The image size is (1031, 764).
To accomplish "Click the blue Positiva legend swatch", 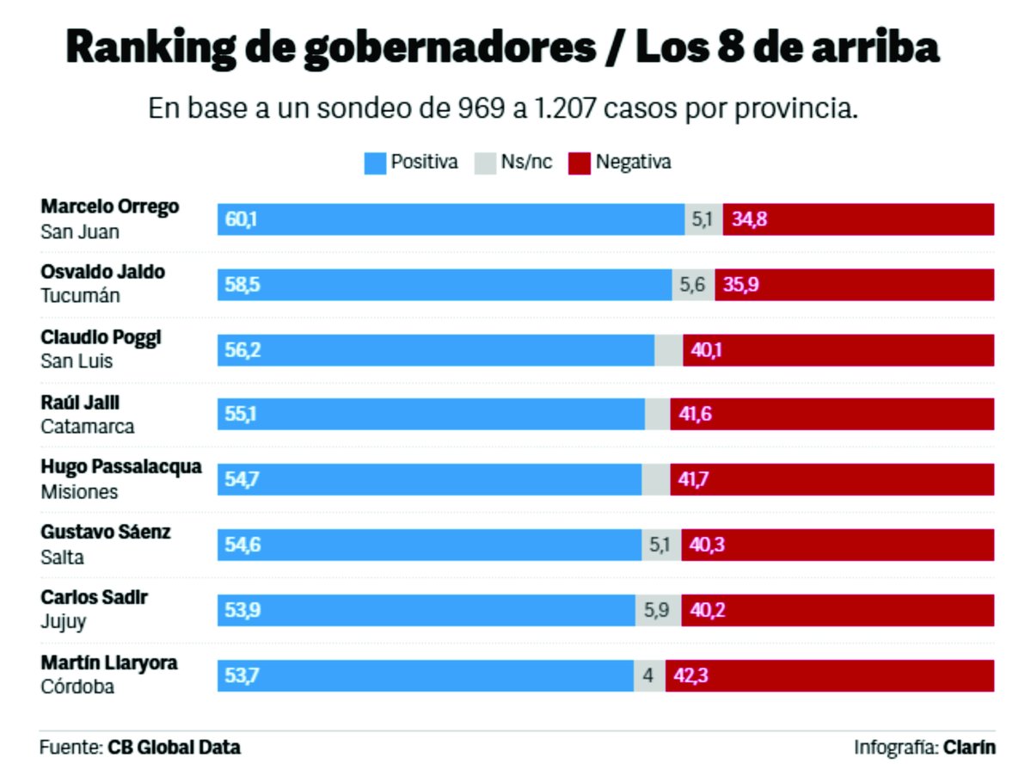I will tap(375, 163).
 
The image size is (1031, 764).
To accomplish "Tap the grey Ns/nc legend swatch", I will tap(485, 163).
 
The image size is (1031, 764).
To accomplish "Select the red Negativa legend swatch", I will tap(580, 163).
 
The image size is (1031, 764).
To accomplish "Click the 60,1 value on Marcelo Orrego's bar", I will tap(241, 219).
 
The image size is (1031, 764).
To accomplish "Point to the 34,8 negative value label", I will tap(749, 219).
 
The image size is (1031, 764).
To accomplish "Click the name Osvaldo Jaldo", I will tap(102, 272).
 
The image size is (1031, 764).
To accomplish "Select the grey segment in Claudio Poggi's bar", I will tap(668, 350).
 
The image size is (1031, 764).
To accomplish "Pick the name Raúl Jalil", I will tap(80, 403).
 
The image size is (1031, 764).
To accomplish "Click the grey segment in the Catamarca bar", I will tap(657, 415).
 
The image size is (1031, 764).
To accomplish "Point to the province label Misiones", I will tap(79, 492).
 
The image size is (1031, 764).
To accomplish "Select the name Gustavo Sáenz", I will tap(106, 533).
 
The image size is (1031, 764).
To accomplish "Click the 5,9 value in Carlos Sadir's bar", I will tap(658, 610).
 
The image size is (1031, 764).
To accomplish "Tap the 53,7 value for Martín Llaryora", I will tap(241, 675).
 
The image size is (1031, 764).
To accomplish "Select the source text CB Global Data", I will tap(174, 746).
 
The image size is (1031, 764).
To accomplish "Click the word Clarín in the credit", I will tap(969, 746).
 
